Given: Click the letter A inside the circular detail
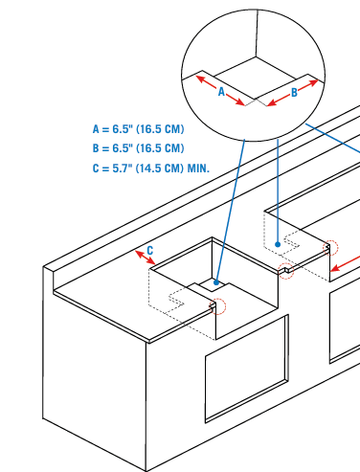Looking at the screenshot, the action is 221,92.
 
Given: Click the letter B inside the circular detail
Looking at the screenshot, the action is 294,93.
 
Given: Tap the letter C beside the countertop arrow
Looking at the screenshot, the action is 149,250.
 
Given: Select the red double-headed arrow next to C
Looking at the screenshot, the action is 146,258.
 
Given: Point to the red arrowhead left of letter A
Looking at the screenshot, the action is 200,79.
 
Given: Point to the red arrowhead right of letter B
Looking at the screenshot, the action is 313,83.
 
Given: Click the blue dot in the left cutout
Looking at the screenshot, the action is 216,282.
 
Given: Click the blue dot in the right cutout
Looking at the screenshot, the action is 278,244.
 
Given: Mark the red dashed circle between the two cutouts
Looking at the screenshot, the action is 286,271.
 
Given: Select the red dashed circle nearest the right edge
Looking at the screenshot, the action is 330,248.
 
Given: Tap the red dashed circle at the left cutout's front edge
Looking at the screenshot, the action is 217,306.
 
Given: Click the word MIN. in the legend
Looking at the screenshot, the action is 198,168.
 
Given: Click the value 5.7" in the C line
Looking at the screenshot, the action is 123,168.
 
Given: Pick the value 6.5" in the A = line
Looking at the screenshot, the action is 123,129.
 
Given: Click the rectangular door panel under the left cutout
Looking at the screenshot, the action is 247,369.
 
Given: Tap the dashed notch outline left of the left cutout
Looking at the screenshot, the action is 176,298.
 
